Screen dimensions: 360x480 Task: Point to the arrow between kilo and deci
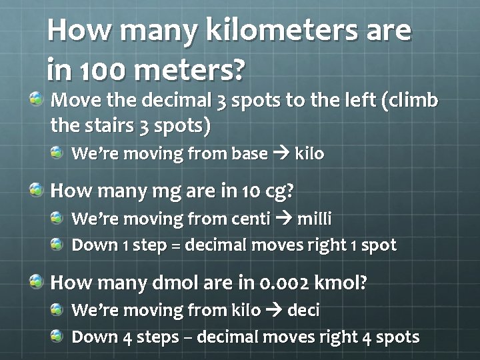click(274, 310)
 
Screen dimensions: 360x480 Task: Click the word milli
click(313, 219)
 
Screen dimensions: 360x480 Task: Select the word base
click(248, 154)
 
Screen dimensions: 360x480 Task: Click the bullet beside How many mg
click(37, 191)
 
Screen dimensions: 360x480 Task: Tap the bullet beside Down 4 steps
click(58, 336)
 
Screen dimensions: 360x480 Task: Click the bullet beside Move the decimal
click(37, 100)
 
